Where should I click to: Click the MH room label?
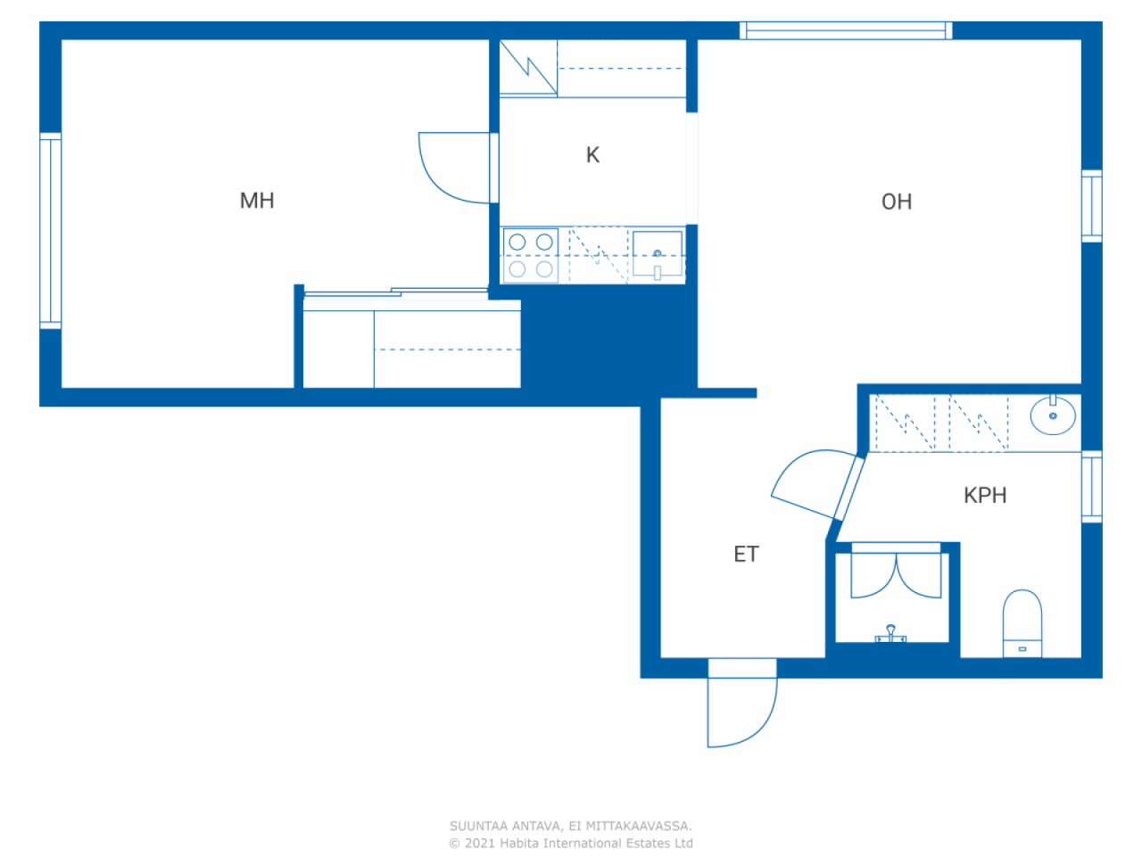click(x=256, y=201)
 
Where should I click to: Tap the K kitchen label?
click(x=592, y=155)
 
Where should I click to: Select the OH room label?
click(x=897, y=202)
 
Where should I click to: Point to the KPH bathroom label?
click(x=985, y=495)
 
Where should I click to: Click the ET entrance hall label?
click(x=746, y=554)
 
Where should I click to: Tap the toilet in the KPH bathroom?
click(x=1022, y=623)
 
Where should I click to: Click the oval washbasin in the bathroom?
click(x=1053, y=415)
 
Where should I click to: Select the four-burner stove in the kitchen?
click(x=531, y=256)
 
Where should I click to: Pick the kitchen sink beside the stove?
click(x=658, y=255)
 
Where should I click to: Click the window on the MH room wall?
click(x=51, y=231)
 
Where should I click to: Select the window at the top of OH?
click(x=846, y=30)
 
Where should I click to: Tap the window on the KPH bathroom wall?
click(x=1091, y=487)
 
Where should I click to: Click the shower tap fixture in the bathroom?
click(x=890, y=634)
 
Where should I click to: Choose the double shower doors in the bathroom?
click(x=896, y=575)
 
